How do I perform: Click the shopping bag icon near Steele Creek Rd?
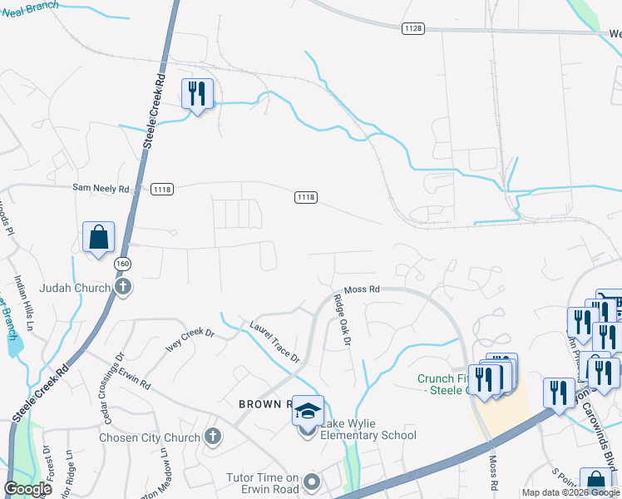click(99, 238)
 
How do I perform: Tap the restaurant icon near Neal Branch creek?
click(197, 94)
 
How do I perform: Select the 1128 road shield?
click(412, 28)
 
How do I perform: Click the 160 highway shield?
click(122, 264)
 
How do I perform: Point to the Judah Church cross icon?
click(123, 288)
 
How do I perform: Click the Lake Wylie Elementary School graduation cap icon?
click(308, 412)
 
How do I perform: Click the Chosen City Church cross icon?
click(213, 436)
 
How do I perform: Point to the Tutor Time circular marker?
click(312, 482)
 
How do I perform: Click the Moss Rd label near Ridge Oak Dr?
click(362, 289)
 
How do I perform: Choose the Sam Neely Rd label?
click(101, 190)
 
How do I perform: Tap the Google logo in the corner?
click(27, 489)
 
